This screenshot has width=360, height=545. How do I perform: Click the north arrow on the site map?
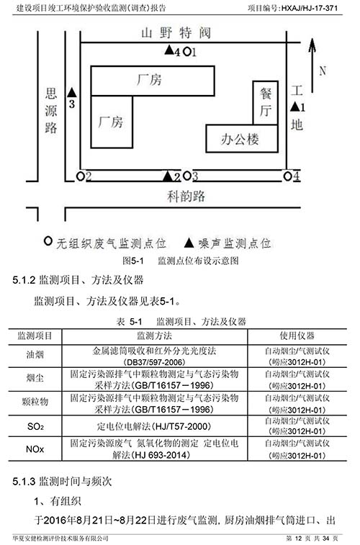click(312, 65)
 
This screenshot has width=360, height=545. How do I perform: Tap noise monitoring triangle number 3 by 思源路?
click(71, 93)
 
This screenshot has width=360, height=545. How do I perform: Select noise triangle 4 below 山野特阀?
click(169, 50)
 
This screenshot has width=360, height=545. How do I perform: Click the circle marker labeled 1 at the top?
click(187, 52)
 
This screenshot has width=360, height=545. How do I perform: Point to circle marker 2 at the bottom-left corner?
click(81, 176)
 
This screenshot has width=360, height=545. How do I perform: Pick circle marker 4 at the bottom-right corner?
click(287, 176)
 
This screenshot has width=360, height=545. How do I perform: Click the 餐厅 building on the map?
click(266, 102)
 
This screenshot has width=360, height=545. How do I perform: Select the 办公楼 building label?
click(240, 140)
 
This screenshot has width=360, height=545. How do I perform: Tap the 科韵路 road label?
click(186, 197)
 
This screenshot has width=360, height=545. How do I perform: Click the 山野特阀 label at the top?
click(176, 33)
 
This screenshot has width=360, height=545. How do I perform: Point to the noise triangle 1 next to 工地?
click(295, 107)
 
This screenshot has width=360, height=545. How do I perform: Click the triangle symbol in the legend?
click(189, 243)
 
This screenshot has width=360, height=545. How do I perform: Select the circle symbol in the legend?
click(48, 241)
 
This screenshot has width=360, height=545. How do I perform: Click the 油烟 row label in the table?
click(35, 355)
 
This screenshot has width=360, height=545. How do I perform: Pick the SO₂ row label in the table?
click(35, 426)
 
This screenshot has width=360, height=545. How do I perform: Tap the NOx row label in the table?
click(35, 449)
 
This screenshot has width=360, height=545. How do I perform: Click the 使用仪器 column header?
click(297, 335)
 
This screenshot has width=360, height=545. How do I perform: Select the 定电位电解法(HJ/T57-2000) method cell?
click(154, 426)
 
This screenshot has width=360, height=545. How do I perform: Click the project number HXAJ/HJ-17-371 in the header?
click(310, 8)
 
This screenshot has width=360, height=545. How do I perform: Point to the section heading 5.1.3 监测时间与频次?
click(62, 482)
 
